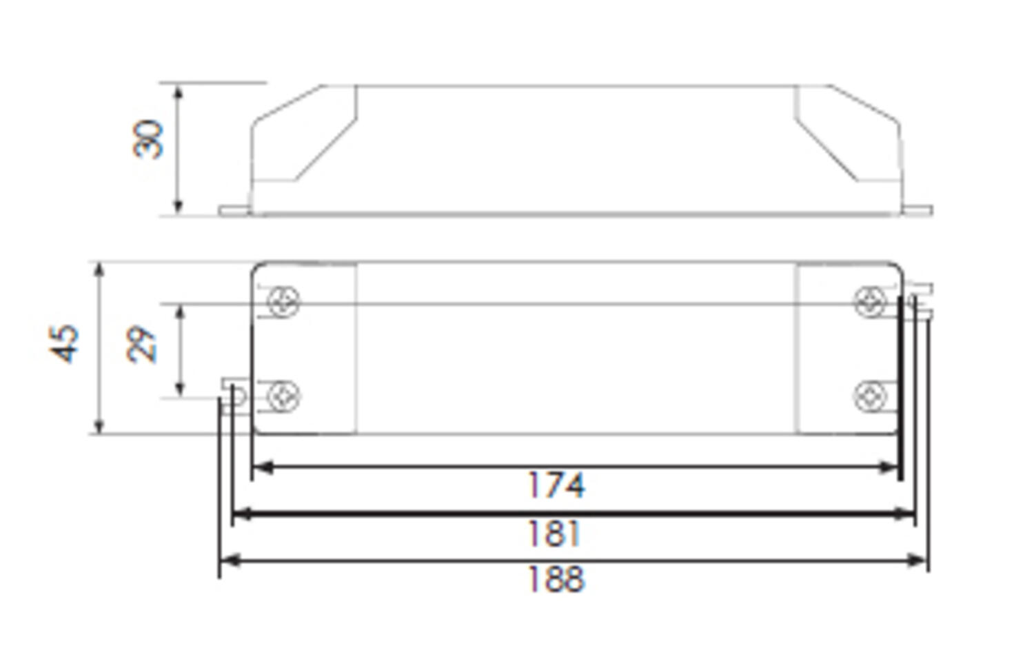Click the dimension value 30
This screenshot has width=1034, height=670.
[x=148, y=139]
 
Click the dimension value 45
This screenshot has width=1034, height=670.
[x=65, y=343]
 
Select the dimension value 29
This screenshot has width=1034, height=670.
[x=143, y=344]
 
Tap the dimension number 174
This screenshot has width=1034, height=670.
[x=556, y=485]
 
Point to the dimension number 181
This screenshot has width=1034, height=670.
[x=554, y=534]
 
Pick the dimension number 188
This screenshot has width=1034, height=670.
[x=556, y=579]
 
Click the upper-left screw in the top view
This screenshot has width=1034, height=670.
[x=283, y=302]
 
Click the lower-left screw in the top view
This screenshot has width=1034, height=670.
[x=283, y=396]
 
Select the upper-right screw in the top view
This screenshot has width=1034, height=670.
[x=870, y=302]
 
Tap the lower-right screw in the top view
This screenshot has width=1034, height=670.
[x=870, y=396]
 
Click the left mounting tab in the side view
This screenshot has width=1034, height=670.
[x=234, y=210]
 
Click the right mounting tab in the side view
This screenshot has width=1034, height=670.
[x=918, y=210]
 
